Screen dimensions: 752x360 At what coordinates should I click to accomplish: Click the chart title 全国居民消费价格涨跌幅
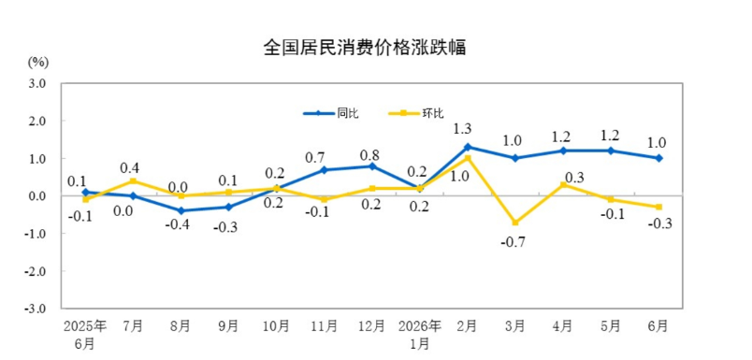365,48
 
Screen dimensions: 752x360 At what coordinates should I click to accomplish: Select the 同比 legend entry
331,113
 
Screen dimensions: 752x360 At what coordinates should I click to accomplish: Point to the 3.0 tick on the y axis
38,83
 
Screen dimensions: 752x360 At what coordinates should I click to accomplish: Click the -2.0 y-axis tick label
36,271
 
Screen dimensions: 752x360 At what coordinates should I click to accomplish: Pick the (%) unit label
39,62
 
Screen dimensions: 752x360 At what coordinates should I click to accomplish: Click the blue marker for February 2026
468,147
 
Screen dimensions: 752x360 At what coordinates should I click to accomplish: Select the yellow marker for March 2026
515,223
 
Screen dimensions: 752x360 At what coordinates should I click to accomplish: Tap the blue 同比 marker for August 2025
181,211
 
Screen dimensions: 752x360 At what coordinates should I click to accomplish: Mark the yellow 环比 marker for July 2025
134,180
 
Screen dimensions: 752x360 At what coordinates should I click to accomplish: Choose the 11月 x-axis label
325,326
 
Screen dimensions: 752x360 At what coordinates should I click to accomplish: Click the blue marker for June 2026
659,158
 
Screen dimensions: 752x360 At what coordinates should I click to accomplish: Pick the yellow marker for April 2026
563,184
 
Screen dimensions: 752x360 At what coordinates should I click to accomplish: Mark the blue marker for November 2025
325,169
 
